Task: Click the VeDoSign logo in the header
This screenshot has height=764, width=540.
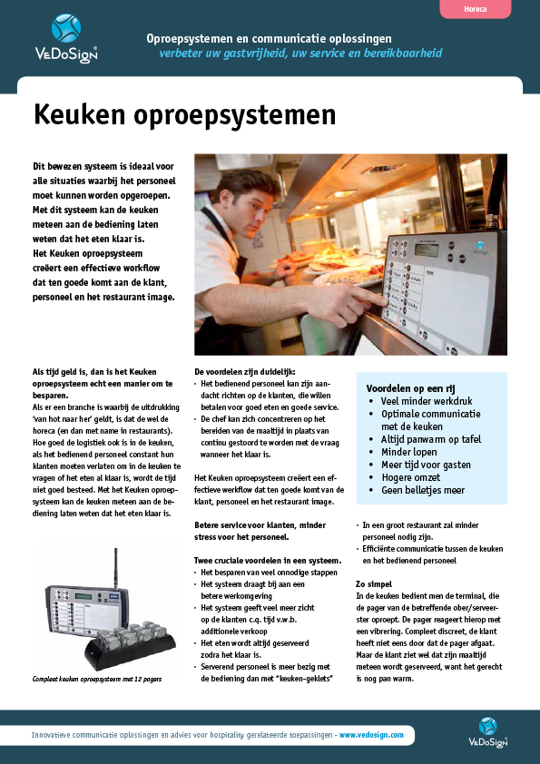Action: pos(66,37)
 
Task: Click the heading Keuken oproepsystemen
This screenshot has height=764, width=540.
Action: pos(184,115)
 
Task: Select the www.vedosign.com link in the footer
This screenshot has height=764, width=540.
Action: pos(371,734)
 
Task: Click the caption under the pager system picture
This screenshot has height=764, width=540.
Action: pos(96,679)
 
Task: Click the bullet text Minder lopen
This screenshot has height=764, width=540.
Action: pos(408,451)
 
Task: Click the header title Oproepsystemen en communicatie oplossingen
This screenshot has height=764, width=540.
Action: pos(269,38)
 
